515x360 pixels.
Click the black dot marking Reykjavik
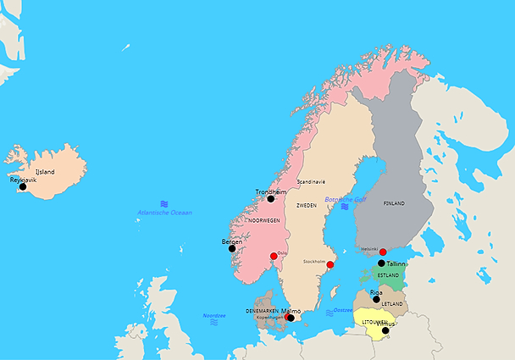(x=23, y=187)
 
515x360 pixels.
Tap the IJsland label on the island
(x=45, y=172)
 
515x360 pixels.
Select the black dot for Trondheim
(x=271, y=199)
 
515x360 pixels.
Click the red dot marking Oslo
(x=274, y=256)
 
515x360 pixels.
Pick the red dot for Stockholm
(x=330, y=265)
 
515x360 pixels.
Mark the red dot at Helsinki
(x=383, y=252)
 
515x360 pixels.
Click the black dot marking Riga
(x=376, y=299)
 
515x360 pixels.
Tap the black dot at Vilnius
(x=385, y=330)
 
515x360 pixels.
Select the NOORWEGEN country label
(x=263, y=220)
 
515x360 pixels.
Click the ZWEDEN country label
(x=306, y=205)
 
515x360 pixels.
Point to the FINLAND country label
(x=394, y=203)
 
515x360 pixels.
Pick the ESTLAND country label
(x=388, y=275)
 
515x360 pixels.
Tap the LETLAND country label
(x=391, y=303)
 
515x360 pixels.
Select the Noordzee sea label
(x=213, y=315)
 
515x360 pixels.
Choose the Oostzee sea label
(x=343, y=310)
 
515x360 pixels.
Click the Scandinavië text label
(x=311, y=182)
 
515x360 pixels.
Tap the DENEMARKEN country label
(x=262, y=311)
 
